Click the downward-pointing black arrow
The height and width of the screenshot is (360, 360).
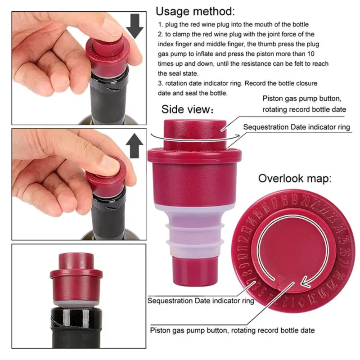pyautogui.click(x=135, y=26)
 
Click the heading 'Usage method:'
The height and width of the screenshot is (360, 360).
pyautogui.click(x=195, y=11)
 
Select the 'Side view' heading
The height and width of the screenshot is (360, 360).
pyautogui.click(x=187, y=109)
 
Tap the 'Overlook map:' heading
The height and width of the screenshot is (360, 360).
pyautogui.click(x=295, y=178)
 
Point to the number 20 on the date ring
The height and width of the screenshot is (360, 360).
pyautogui.click(x=306, y=200)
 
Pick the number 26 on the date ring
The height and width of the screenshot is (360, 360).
pyautogui.click(x=346, y=252)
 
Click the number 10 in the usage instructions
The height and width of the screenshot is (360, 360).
pyautogui.click(x=310, y=54)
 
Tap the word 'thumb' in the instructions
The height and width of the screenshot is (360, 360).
pyautogui.click(x=267, y=44)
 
